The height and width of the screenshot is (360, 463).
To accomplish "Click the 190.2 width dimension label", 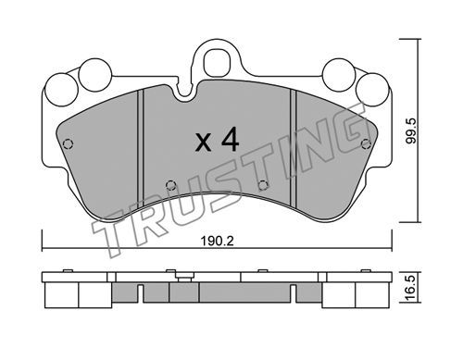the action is coord(218,241).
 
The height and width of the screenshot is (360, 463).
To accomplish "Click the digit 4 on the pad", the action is coord(231,140).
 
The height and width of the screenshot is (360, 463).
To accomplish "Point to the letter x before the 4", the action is coord(204,143).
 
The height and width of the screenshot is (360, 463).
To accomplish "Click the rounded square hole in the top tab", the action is coord(218,63).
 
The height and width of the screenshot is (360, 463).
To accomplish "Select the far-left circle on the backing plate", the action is coord(61,90).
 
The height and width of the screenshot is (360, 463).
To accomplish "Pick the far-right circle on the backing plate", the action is coord(372,90).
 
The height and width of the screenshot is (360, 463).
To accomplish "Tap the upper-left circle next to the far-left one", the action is coord(94,75).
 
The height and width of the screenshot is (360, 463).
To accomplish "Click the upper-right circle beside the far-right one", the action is coord(339,75).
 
